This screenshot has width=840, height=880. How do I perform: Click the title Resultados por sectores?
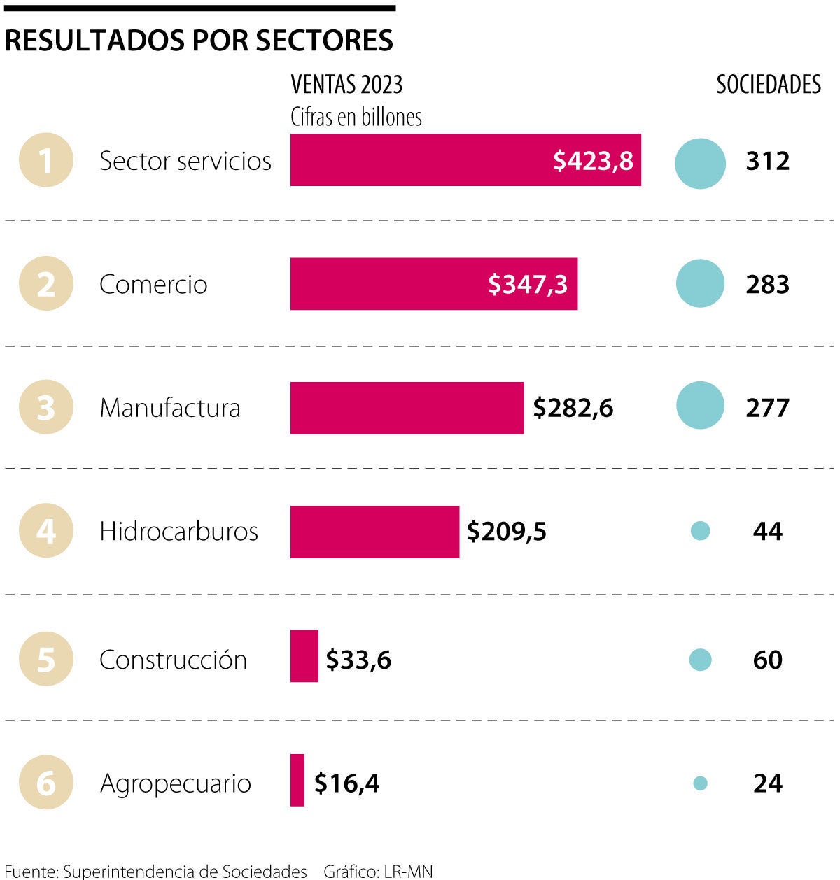[x=199, y=41]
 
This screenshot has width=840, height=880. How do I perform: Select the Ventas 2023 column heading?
[x=346, y=85]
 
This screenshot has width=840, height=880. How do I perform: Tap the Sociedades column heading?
[x=768, y=85]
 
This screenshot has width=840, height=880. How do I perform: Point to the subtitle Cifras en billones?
[x=356, y=117]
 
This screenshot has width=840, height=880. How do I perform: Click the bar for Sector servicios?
[x=420, y=160]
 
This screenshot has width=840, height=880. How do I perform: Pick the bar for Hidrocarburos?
[x=374, y=532]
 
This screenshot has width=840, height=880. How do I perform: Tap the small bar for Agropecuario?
[x=297, y=780]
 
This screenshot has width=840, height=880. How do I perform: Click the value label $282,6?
[x=573, y=408]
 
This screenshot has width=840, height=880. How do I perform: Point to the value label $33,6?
[x=358, y=660]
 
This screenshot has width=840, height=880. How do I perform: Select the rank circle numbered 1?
[x=46, y=160]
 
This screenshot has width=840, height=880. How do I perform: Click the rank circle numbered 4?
[x=46, y=531]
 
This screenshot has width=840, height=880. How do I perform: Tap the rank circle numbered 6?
[x=46, y=783]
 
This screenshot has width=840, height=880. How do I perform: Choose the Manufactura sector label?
[x=170, y=408]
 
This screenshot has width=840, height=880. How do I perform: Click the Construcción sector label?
[x=173, y=660]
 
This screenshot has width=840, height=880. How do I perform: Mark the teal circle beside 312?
[x=700, y=164]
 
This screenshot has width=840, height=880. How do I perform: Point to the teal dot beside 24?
[x=700, y=783]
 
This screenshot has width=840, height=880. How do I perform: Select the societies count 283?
[x=767, y=285]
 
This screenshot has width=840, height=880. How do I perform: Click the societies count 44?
[x=767, y=532]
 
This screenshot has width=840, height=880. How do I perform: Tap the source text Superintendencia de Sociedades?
[x=185, y=871]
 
